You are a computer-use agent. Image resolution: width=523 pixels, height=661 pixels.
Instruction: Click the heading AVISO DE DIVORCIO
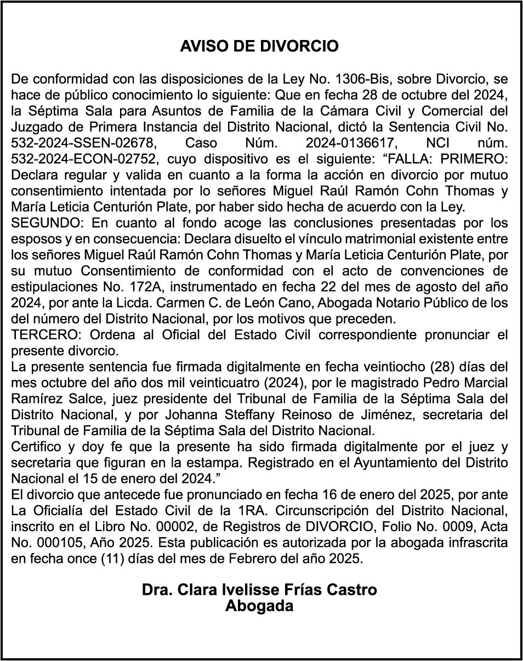pos(259,47)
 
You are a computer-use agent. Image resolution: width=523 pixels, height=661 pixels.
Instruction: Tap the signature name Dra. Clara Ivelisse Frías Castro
pos(259,590)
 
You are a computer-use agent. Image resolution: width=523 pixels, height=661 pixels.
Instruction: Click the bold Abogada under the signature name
pos(259,606)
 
